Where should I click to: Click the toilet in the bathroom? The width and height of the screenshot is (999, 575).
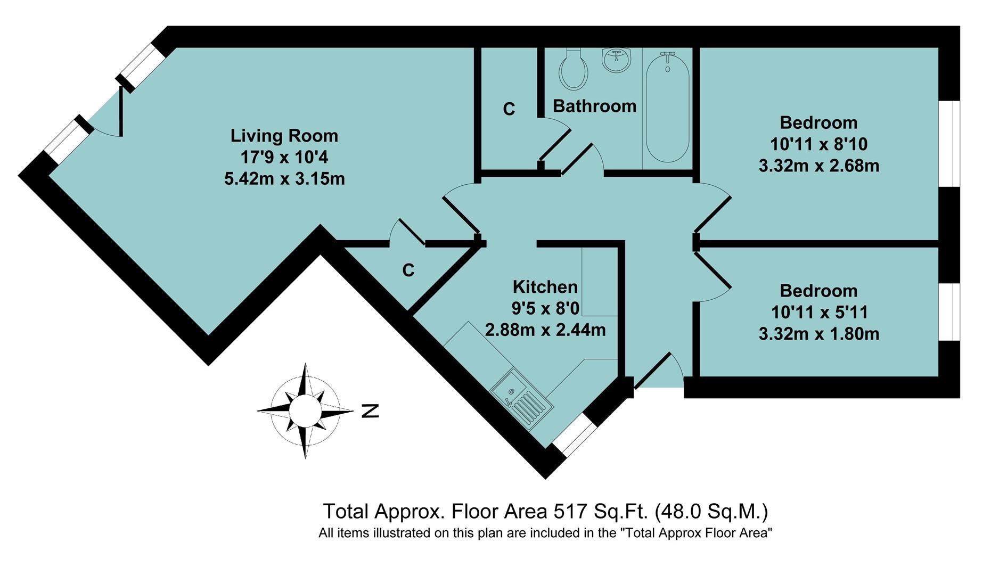[574, 71]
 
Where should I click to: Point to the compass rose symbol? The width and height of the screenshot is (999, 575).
[305, 410]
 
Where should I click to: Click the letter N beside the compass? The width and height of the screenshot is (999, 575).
[370, 411]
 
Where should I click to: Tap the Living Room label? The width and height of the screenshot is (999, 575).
[284, 136]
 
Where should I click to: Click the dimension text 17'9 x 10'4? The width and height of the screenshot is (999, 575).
[284, 157]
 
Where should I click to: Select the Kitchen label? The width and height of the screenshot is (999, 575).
[545, 287]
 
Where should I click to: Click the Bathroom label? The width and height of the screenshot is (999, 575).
[594, 106]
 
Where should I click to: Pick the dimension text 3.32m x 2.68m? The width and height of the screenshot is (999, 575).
[818, 166]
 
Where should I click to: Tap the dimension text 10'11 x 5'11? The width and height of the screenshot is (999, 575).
[818, 312]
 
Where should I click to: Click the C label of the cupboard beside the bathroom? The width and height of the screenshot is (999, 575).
[509, 109]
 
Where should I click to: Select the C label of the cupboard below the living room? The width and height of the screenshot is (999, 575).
[408, 270]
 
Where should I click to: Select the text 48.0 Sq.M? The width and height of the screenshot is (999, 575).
[710, 512]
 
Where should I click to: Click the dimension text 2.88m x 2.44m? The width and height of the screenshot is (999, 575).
[545, 330]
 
